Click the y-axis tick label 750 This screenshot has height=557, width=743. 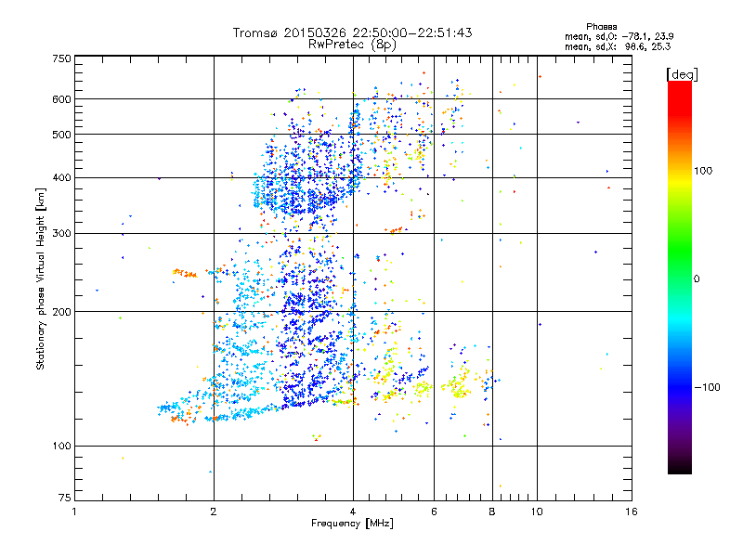[61, 58]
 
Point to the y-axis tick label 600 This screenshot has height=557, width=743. [61, 98]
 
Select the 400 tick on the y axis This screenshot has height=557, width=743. [61, 177]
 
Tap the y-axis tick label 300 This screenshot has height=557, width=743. [61, 233]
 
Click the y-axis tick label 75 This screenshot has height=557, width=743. [64, 499]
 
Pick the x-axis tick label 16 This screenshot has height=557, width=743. [631, 512]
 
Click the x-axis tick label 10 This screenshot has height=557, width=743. [536, 512]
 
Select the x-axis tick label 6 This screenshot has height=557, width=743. [433, 512]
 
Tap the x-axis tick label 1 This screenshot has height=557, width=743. [75, 512]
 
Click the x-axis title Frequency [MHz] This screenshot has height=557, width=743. [352, 524]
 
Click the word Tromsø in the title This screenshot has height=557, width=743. [256, 32]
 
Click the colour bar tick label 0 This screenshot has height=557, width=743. [699, 278]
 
